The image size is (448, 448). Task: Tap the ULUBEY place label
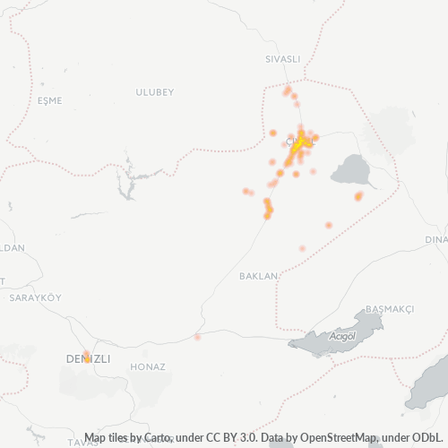(153, 92)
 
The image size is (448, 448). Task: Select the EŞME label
(49, 102)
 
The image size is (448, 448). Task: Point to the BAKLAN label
(258, 276)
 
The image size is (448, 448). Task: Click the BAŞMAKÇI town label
(390, 308)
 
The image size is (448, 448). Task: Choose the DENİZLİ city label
(88, 358)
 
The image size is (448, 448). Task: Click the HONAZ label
(147, 366)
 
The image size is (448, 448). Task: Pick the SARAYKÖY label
(33, 297)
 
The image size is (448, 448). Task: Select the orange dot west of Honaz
(197, 337)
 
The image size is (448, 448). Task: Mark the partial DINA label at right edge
(436, 239)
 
